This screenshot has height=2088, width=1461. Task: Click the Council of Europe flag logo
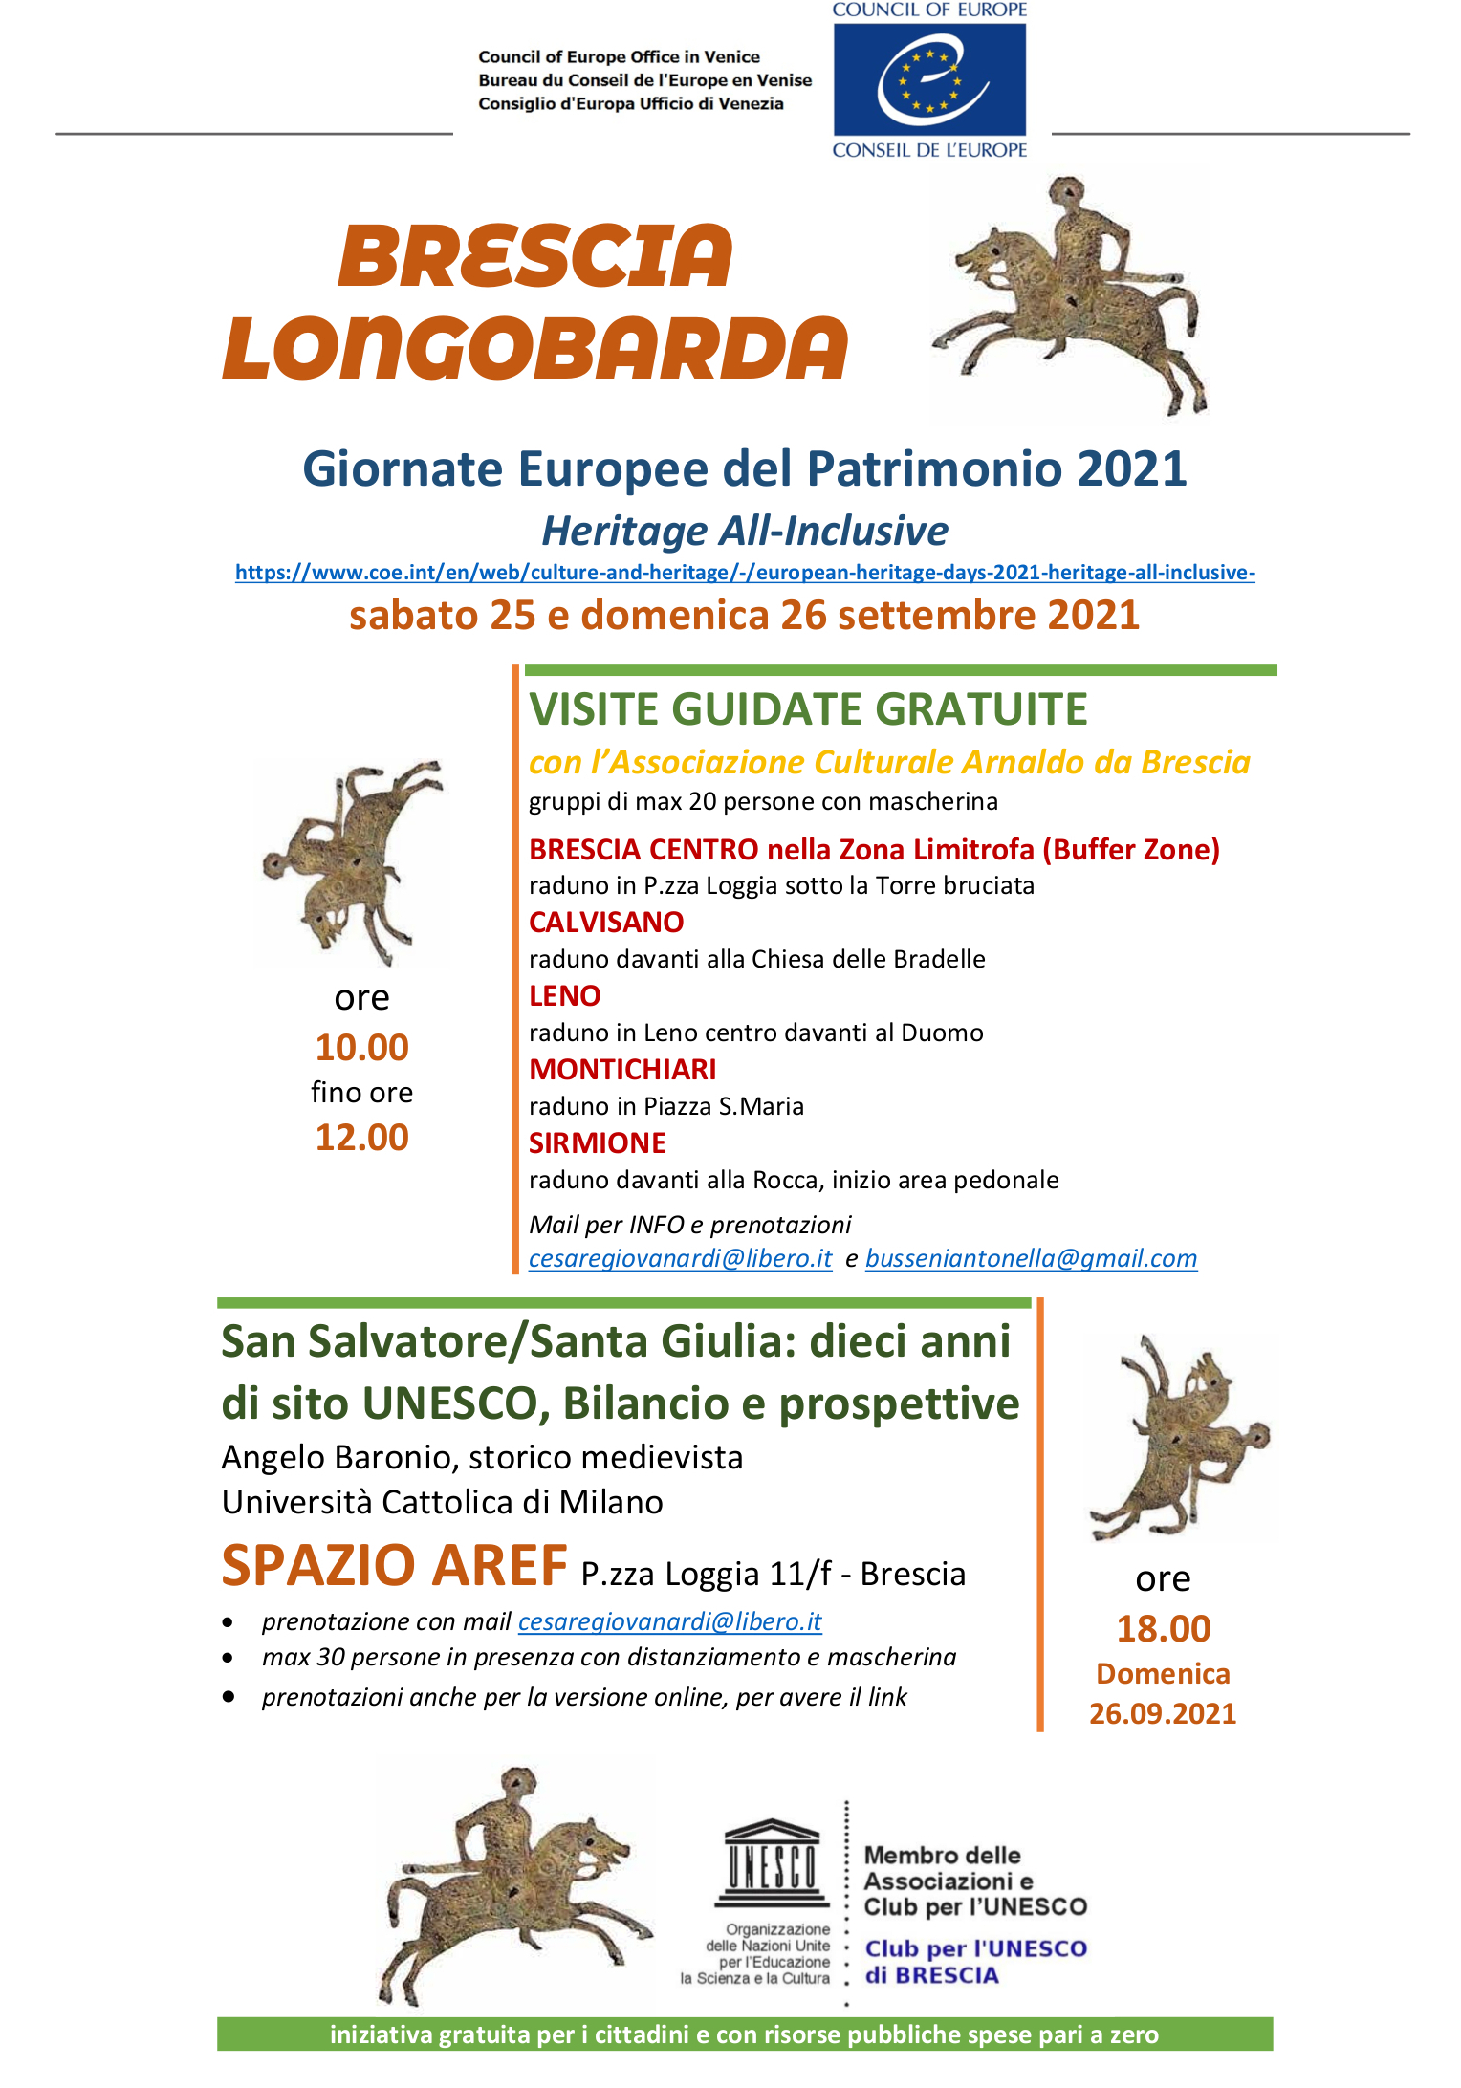(x=929, y=80)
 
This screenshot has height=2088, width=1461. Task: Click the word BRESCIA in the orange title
(x=535, y=256)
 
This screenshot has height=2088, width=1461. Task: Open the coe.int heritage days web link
(x=745, y=573)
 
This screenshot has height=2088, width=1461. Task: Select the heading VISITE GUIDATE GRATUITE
(x=808, y=709)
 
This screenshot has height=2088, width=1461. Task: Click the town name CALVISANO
(x=606, y=923)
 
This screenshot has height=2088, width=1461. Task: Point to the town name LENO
(x=564, y=996)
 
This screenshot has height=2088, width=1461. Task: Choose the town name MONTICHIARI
(x=622, y=1070)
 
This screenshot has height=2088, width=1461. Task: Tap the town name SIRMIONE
(x=598, y=1143)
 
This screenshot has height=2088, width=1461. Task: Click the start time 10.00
(x=361, y=1048)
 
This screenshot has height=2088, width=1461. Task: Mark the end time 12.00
(x=361, y=1138)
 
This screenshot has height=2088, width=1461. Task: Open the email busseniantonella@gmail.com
(x=1031, y=1259)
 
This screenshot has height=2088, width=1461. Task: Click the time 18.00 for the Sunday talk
(x=1164, y=1629)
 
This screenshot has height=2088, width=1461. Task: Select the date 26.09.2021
(x=1163, y=1714)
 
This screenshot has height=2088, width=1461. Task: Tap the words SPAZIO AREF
(x=394, y=1566)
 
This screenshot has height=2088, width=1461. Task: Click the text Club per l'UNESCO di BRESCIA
(x=975, y=1962)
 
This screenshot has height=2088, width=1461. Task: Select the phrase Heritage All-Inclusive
(x=745, y=531)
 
